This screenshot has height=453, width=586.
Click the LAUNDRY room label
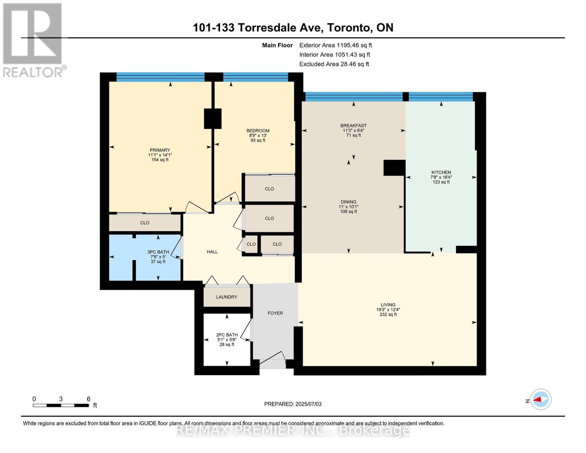click(x=226, y=297)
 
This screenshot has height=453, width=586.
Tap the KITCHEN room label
click(x=441, y=173)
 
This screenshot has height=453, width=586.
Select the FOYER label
click(x=275, y=313)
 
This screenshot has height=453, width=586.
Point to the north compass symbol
click(x=540, y=399)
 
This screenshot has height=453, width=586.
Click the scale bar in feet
click(x=61, y=405)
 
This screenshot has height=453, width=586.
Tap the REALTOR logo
click(x=34, y=40)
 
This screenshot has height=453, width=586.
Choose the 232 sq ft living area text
click(x=388, y=314)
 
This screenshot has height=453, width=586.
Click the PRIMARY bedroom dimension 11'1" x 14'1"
click(x=160, y=155)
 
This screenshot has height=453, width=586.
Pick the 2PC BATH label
click(x=227, y=335)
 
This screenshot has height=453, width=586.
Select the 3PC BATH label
click(x=158, y=252)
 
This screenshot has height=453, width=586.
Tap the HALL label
click(x=212, y=252)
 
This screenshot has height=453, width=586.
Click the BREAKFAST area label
click(x=353, y=125)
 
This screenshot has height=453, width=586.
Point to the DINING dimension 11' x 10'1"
click(x=348, y=206)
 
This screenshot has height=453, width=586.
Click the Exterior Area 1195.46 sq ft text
click(x=335, y=45)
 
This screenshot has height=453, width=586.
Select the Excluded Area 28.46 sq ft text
click(x=334, y=64)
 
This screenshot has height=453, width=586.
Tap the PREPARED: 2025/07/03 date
click(x=293, y=404)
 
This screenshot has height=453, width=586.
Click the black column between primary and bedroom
click(x=212, y=119)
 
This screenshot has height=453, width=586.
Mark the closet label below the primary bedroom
click(x=145, y=223)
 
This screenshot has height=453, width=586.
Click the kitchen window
click(x=441, y=97)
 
